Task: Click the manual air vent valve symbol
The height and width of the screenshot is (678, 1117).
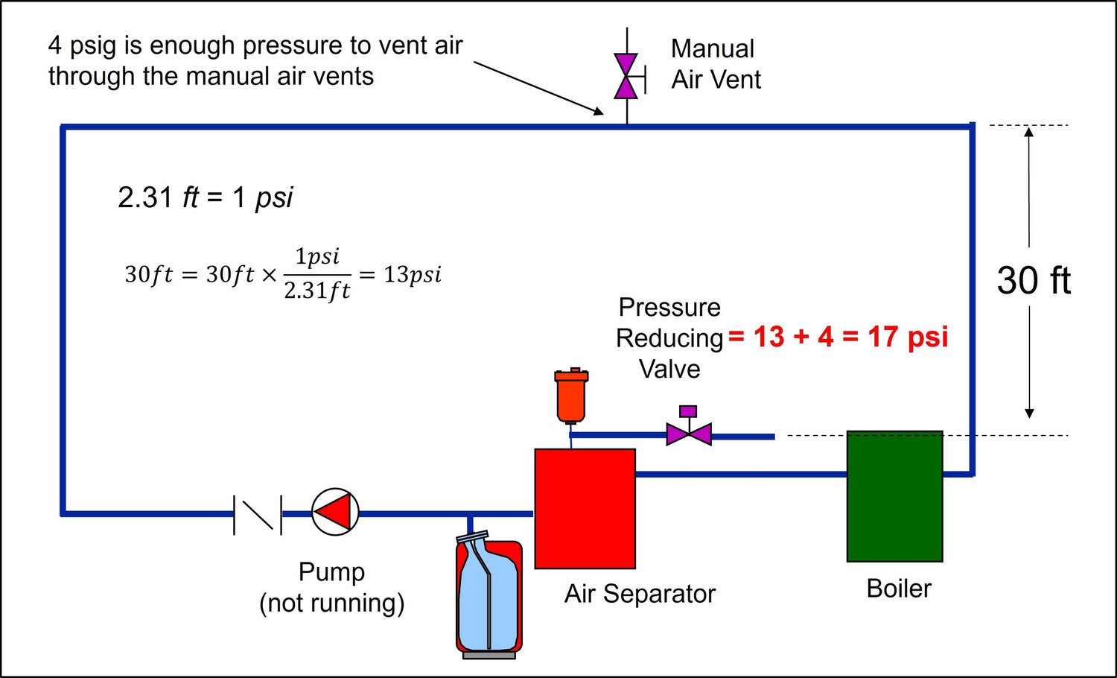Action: click(x=626, y=76)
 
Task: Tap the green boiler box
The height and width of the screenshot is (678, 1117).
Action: click(x=894, y=496)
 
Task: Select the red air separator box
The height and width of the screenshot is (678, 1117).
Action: click(x=585, y=508)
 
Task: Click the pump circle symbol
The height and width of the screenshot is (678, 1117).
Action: click(x=335, y=512)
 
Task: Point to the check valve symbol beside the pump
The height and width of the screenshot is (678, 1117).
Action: click(x=258, y=514)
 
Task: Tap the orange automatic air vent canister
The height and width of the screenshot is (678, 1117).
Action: click(x=571, y=395)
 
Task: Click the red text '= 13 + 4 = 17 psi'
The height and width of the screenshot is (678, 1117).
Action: click(x=838, y=337)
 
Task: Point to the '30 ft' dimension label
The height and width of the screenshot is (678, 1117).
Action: click(x=1034, y=281)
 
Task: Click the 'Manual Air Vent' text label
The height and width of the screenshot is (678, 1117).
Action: click(x=715, y=64)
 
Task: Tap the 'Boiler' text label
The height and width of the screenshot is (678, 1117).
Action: click(x=899, y=589)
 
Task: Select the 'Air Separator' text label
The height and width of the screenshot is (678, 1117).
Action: click(x=640, y=594)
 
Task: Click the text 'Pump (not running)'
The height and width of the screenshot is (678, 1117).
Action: click(x=332, y=587)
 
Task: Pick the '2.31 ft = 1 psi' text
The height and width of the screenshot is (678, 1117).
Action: click(x=206, y=197)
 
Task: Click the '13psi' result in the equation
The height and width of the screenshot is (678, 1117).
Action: click(x=413, y=274)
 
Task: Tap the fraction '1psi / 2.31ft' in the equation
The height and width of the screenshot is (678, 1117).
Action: click(x=317, y=273)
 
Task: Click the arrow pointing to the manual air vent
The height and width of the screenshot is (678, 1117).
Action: click(x=539, y=88)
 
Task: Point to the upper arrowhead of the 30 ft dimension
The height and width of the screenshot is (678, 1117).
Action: click(x=1028, y=133)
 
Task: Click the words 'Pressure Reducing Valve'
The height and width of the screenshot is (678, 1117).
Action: click(x=669, y=338)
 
